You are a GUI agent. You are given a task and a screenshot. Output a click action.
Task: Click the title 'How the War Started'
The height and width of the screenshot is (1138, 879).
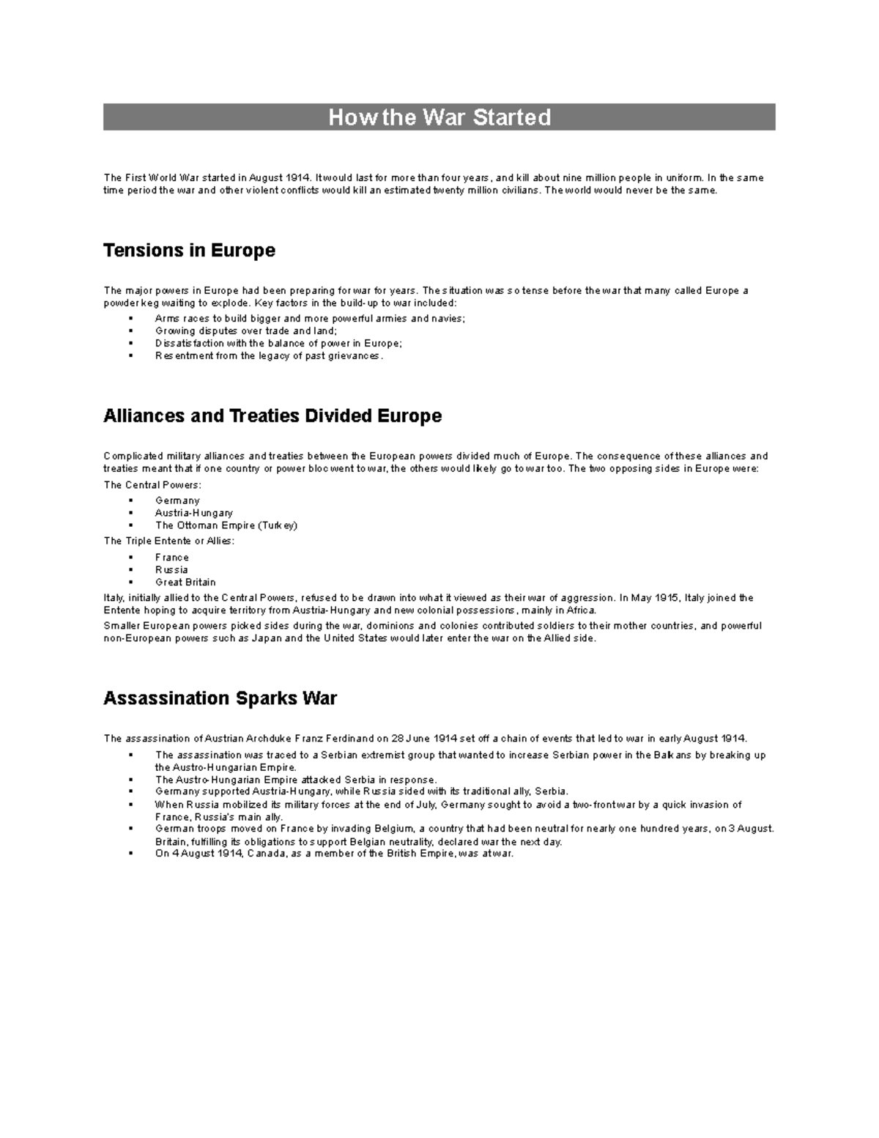439,117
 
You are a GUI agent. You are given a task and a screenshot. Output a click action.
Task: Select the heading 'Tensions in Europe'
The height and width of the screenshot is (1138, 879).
189,251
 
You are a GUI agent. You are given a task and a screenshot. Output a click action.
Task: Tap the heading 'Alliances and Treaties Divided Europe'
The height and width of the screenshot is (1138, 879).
272,416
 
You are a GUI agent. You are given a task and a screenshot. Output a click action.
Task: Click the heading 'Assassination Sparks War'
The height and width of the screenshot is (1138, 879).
220,698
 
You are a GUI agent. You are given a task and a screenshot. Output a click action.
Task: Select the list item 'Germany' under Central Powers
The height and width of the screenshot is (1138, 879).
177,501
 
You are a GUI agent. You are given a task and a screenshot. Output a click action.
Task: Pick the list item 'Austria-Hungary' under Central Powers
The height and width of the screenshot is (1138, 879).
193,514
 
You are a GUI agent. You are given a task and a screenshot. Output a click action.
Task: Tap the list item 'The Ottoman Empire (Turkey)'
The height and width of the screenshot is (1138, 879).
226,525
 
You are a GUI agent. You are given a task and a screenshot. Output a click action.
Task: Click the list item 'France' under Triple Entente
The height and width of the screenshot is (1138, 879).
171,558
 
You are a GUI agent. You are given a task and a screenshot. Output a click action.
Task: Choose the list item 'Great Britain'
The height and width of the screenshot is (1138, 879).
185,583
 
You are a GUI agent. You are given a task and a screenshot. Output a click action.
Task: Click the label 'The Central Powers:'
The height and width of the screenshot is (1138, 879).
152,485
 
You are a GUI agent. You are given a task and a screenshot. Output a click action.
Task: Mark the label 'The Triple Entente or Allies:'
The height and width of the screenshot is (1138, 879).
169,542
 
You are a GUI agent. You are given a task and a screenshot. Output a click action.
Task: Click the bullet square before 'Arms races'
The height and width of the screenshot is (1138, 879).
130,319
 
